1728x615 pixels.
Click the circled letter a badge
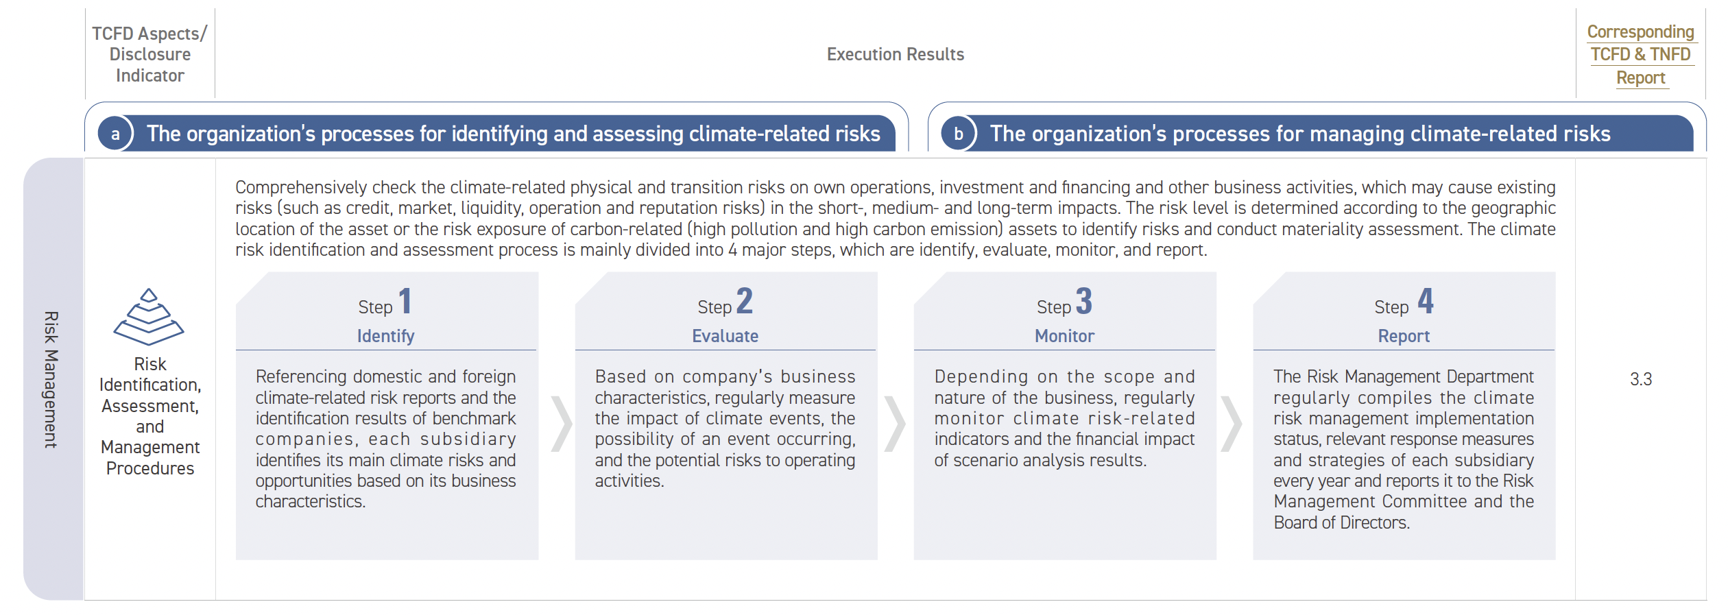click(115, 134)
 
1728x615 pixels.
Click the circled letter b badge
click(959, 134)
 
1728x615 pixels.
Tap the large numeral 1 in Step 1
click(405, 301)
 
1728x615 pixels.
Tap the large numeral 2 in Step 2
click(745, 301)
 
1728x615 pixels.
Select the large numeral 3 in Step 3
click(1084, 301)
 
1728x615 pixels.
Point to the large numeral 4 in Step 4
click(1426, 301)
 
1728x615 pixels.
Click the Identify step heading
click(385, 336)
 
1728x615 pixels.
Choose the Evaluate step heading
click(725, 336)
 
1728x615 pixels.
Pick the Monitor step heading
click(1064, 336)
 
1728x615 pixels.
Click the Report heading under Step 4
click(1404, 336)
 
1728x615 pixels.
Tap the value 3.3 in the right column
click(1641, 379)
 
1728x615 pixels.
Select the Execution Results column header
click(895, 54)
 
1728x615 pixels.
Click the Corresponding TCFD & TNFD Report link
click(1641, 54)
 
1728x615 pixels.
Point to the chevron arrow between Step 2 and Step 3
click(894, 424)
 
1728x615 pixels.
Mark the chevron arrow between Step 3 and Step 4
click(1232, 424)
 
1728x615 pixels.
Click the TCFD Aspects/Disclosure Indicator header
click(149, 54)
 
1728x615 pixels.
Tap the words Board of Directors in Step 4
click(1341, 522)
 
